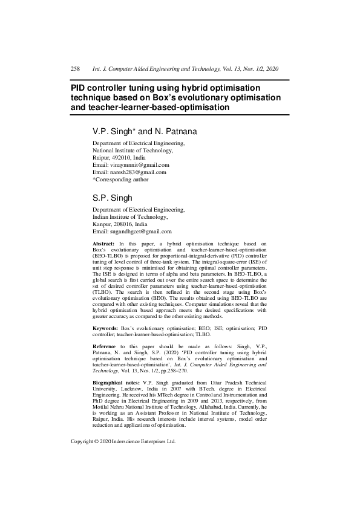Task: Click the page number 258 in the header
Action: (x=76, y=70)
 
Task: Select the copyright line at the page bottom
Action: (x=123, y=475)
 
